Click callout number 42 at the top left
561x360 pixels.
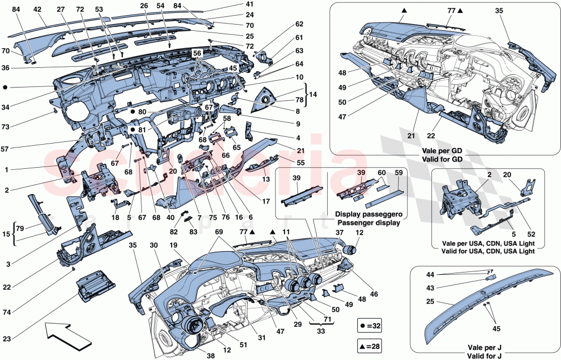tap(37, 10)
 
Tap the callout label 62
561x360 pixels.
tap(299, 24)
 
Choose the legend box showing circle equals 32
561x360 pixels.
tap(372, 325)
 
